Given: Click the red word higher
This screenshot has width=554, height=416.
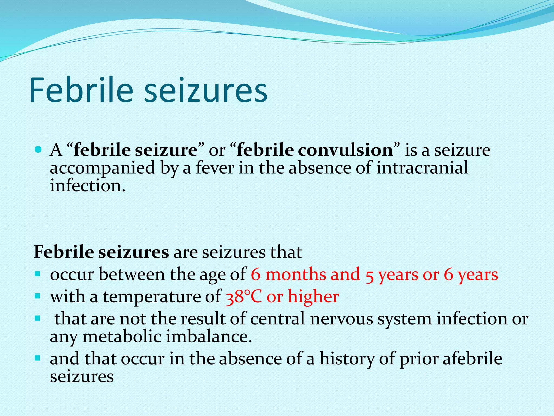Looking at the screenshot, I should pyautogui.click(x=313, y=296).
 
